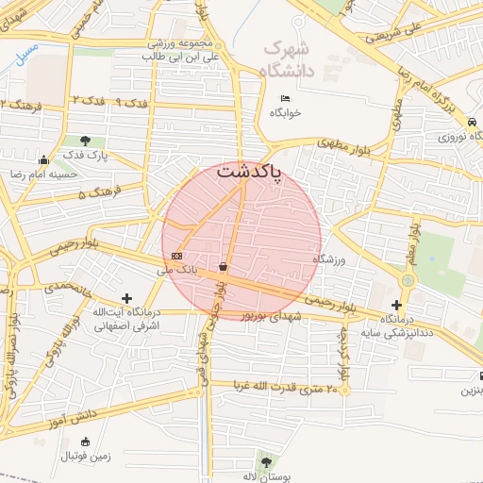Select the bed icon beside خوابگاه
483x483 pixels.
[285, 98]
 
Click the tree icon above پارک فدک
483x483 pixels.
[86, 141]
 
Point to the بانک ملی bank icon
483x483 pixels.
[177, 256]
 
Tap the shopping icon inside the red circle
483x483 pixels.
[223, 267]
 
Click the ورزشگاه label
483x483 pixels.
[330, 258]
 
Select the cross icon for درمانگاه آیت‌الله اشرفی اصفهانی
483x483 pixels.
[127, 298]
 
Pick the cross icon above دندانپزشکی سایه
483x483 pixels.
[397, 305]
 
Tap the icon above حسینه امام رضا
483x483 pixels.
[42, 158]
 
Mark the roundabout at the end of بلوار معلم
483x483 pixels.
[408, 280]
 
